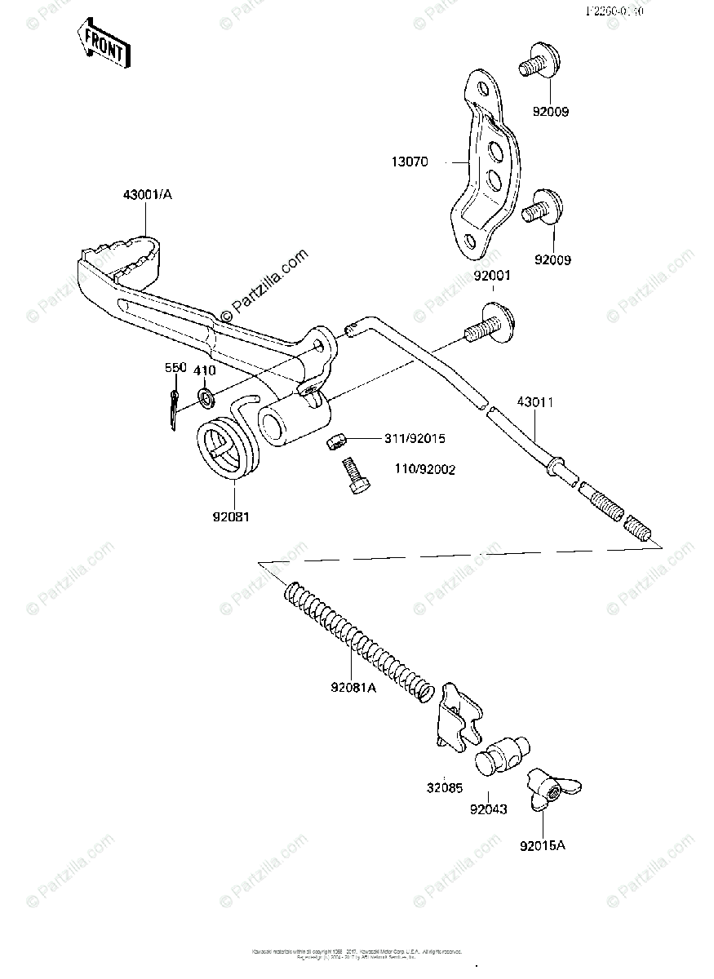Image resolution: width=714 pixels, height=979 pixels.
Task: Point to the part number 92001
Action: coord(491,276)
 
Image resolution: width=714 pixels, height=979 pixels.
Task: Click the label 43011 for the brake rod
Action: coord(534,402)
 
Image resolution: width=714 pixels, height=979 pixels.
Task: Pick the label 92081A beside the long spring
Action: coord(353,688)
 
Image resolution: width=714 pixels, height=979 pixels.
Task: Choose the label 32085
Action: coord(442,789)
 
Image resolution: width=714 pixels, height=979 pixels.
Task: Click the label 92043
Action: coord(489,809)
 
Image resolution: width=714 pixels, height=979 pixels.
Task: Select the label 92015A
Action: coord(543,845)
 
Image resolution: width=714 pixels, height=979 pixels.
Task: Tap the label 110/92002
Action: coord(424,469)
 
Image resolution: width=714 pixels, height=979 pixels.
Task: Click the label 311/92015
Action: coord(415,438)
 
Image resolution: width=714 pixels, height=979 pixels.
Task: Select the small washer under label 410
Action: coord(206,398)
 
